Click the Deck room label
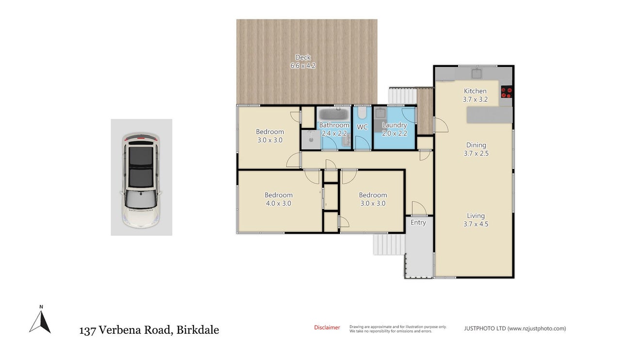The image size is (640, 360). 303,57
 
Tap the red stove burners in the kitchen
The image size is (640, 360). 507,92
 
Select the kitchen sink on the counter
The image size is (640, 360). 476,74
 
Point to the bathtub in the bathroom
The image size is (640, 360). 334,114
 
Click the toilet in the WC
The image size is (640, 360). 362,113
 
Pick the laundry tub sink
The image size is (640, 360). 380,113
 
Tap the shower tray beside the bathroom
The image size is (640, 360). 311,140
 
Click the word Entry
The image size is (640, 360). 418,222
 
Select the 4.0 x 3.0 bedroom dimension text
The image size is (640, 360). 278,203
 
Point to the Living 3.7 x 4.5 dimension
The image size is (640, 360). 476,224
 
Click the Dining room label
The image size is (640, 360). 476,145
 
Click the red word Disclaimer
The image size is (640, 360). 327,328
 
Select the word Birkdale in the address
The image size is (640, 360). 198,330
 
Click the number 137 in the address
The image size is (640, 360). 87,330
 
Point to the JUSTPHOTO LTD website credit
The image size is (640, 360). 515,329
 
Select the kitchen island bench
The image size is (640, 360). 489,115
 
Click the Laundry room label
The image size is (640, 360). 394,125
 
